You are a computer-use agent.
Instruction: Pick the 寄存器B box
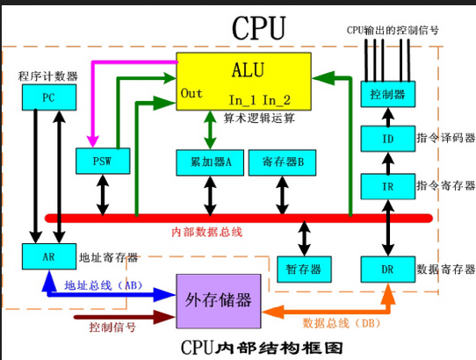coord(282,162)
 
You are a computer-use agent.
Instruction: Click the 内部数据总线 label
coord(206,232)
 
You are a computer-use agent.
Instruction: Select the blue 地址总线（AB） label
coord(104,285)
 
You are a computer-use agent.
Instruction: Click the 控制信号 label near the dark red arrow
coord(112,328)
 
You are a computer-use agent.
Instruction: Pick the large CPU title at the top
coord(257,28)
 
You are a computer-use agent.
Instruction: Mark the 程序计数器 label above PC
coord(47,76)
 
